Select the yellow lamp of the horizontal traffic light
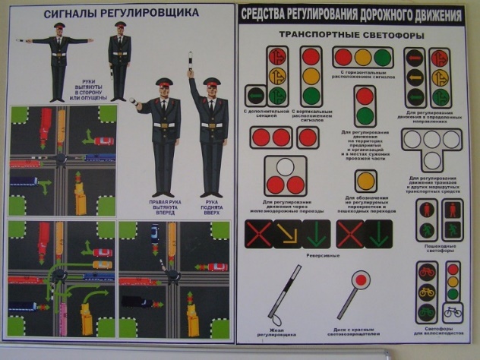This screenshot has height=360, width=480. pos(364,58)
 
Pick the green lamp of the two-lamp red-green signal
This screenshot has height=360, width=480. pos(365,116)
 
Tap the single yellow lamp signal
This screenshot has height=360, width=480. pos(366,181)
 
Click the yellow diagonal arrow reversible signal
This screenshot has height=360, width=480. pos(287,235)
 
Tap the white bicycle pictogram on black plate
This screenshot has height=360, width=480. pos(453,313)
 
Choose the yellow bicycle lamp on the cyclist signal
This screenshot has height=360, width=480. pos(427,292)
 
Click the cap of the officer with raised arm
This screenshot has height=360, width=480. pos(210,81)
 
